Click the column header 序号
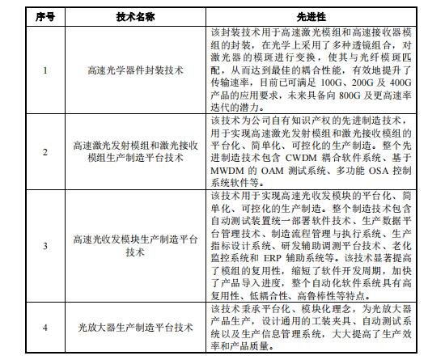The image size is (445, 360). pyautogui.click(x=46, y=15)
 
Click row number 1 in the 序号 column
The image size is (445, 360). pyautogui.click(x=46, y=70)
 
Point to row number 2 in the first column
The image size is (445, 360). pyautogui.click(x=46, y=151)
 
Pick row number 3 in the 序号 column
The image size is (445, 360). pyautogui.click(x=46, y=246)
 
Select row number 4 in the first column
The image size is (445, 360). pyautogui.click(x=46, y=328)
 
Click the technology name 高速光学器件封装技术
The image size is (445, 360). pyautogui.click(x=131, y=70)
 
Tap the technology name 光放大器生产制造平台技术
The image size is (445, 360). pyautogui.click(x=131, y=328)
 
